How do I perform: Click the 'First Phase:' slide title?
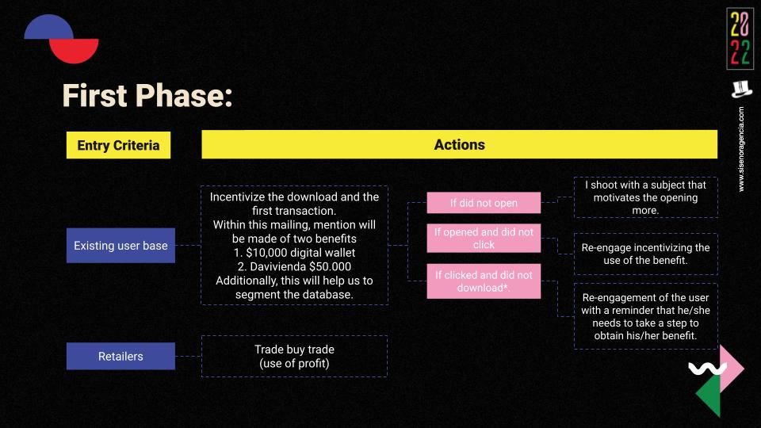(147, 95)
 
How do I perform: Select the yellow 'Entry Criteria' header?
(118, 145)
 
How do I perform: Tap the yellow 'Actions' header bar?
(459, 144)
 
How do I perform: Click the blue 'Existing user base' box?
(120, 246)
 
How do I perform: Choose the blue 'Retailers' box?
(120, 356)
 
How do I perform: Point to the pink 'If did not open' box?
(484, 203)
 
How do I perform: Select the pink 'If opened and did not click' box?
(484, 239)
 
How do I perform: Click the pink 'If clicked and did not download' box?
(484, 281)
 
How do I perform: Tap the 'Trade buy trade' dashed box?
(295, 356)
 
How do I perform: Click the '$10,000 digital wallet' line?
(295, 253)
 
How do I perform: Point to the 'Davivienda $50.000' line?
(295, 266)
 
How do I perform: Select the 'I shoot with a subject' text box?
(645, 197)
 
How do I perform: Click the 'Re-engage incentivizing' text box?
(645, 254)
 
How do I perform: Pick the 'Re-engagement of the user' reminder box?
(645, 316)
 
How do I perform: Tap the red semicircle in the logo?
(75, 51)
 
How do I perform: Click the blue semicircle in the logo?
(48, 27)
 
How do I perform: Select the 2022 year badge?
(740, 38)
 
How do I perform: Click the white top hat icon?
(741, 90)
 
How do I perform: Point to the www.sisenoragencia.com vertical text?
(741, 149)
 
